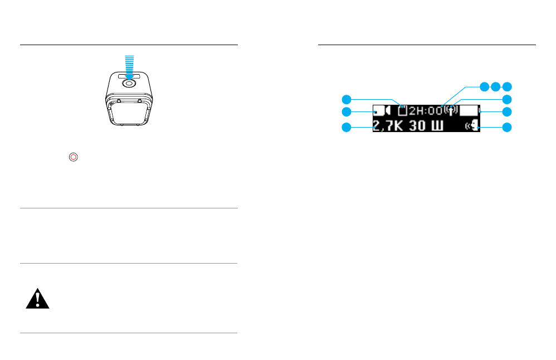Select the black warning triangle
coord(37,299)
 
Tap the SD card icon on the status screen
coord(403,111)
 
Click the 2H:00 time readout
coord(426,111)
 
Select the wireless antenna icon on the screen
coord(451,111)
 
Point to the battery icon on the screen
coord(469,111)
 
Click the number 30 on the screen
coord(418,127)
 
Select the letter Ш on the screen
coord(438,127)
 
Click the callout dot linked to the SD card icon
coord(347,99)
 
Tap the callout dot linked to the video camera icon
coord(347,113)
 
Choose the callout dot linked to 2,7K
coord(347,127)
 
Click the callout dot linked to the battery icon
coord(506,113)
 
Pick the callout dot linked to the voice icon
coord(506,127)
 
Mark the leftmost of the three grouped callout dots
coord(485,86)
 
